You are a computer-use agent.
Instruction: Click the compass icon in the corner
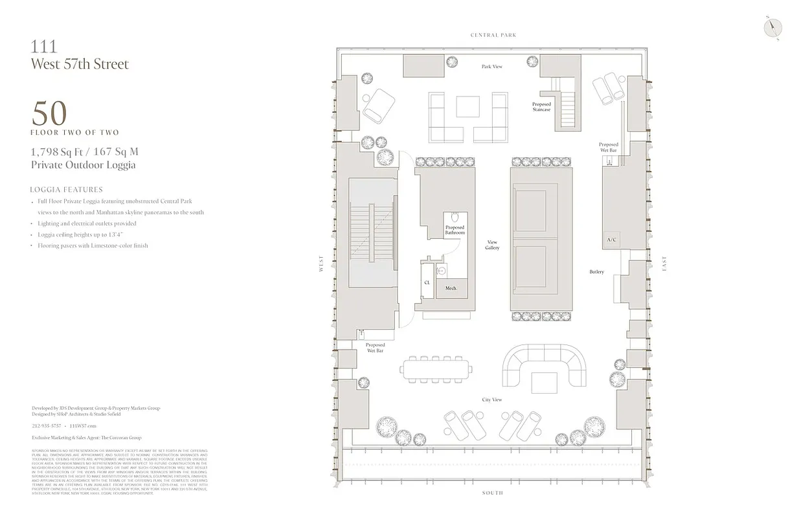pyautogui.click(x=772, y=27)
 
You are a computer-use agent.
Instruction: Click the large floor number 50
pyautogui.click(x=49, y=115)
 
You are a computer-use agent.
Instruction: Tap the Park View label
pyautogui.click(x=491, y=67)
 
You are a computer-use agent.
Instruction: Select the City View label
pyautogui.click(x=491, y=400)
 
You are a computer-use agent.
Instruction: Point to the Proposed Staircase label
pyautogui.click(x=541, y=107)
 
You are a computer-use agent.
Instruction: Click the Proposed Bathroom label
pyautogui.click(x=455, y=230)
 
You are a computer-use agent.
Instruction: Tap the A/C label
pyautogui.click(x=610, y=240)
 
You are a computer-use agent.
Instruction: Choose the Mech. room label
pyautogui.click(x=451, y=288)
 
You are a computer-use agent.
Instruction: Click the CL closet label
pyautogui.click(x=427, y=283)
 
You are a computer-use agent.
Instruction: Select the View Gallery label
pyautogui.click(x=492, y=245)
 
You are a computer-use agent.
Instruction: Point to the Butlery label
pyautogui.click(x=596, y=272)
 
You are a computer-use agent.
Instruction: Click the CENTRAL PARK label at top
pyautogui.click(x=493, y=35)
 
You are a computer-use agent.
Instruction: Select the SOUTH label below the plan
pyautogui.click(x=492, y=493)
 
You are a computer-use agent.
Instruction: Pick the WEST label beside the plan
pyautogui.click(x=321, y=264)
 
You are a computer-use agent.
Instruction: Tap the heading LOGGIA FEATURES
pyautogui.click(x=66, y=190)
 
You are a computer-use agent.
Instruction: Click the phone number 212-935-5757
pyautogui.click(x=47, y=425)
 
